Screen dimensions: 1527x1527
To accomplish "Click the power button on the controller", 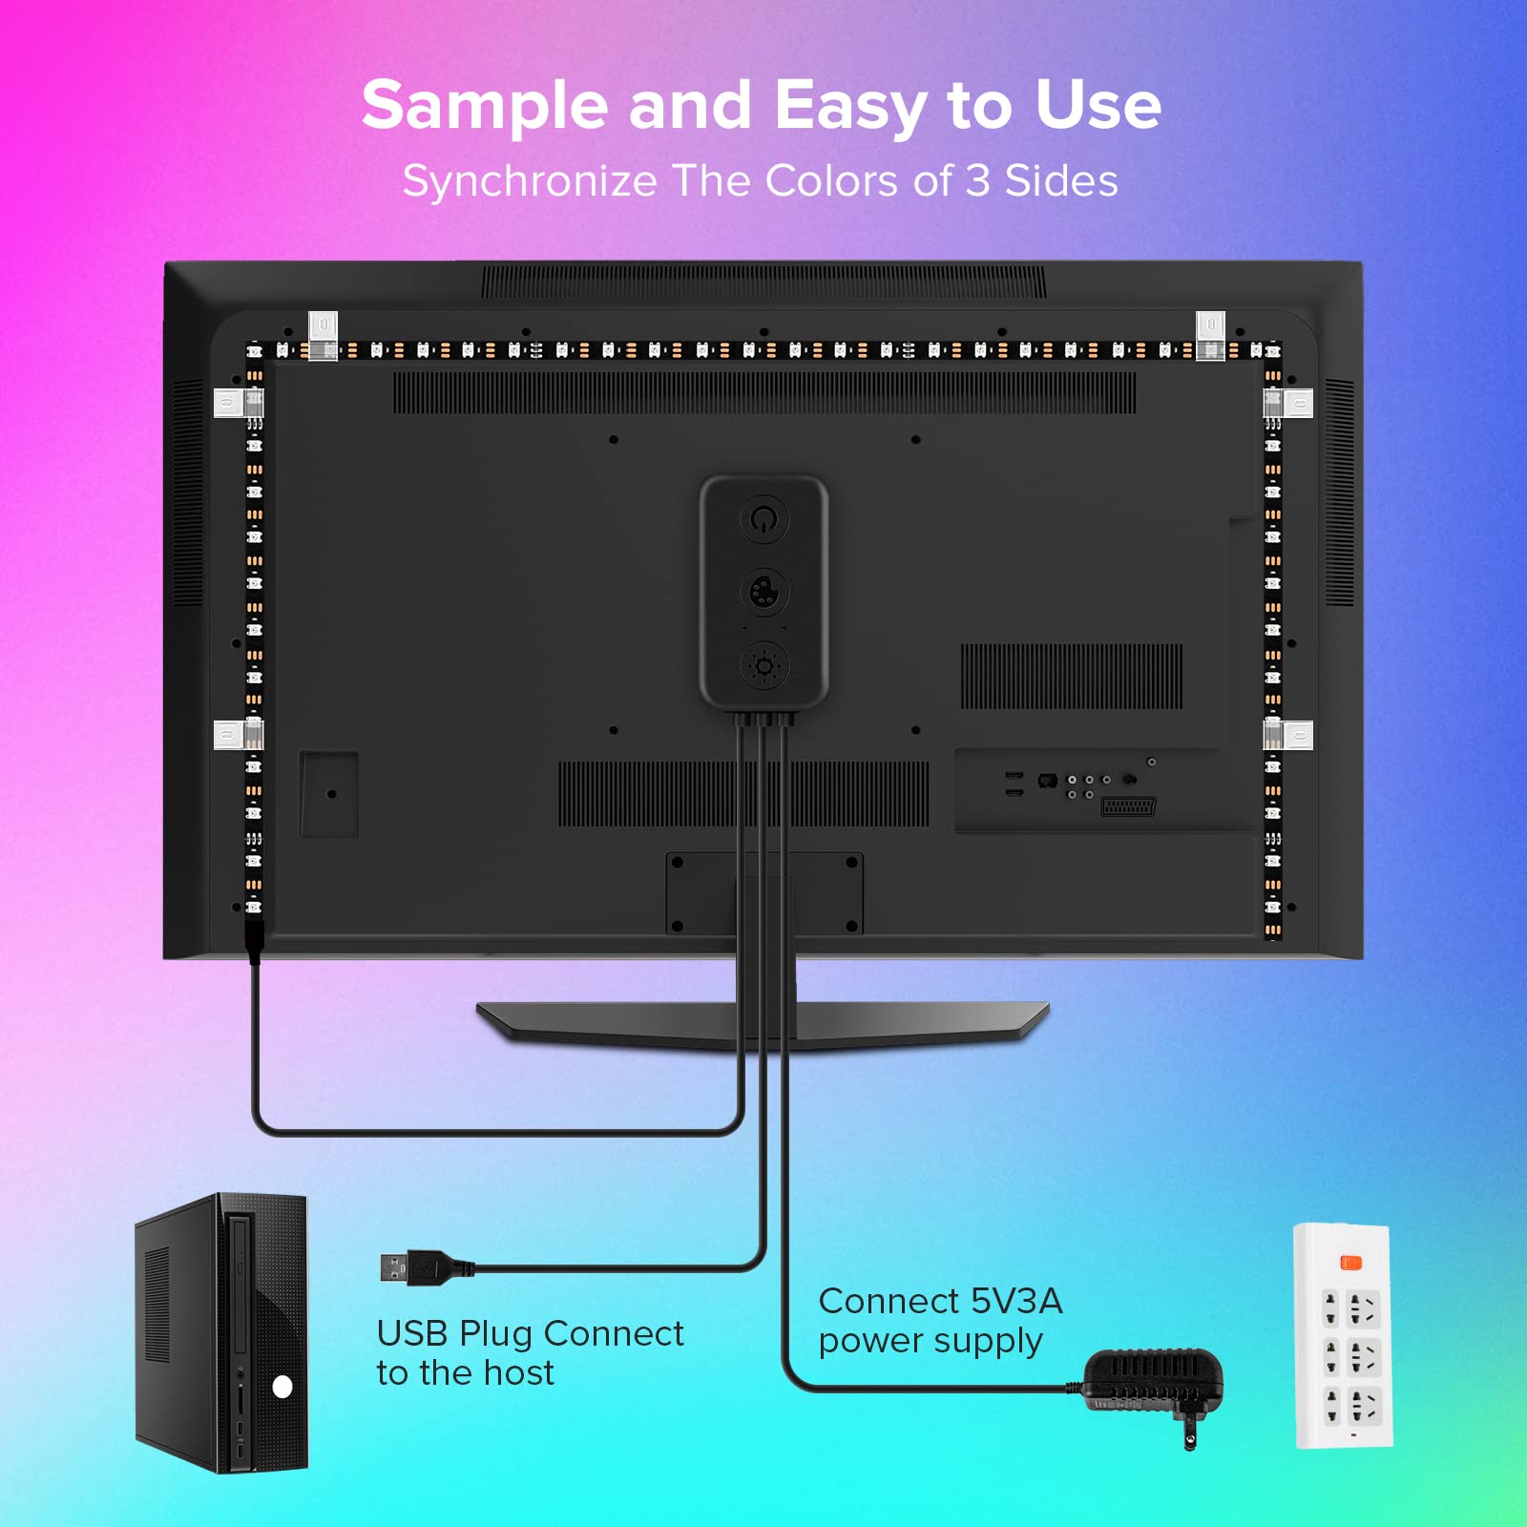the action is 764,519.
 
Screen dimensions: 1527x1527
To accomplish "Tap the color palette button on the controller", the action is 764,593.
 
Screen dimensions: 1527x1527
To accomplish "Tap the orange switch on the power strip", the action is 1351,1263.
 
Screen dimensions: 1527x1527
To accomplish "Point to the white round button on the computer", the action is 282,1387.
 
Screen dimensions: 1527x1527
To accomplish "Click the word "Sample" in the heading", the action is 484,106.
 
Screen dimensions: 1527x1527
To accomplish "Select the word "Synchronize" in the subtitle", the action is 530,181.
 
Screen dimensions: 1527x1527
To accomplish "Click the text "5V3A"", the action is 1016,1301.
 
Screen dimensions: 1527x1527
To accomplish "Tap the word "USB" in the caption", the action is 412,1333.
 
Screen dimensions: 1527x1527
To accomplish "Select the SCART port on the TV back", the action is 1128,806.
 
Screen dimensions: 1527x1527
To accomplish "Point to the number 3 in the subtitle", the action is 976,181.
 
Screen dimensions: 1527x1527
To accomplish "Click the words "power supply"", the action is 931,1341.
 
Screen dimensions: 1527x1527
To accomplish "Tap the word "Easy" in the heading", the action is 849,106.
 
